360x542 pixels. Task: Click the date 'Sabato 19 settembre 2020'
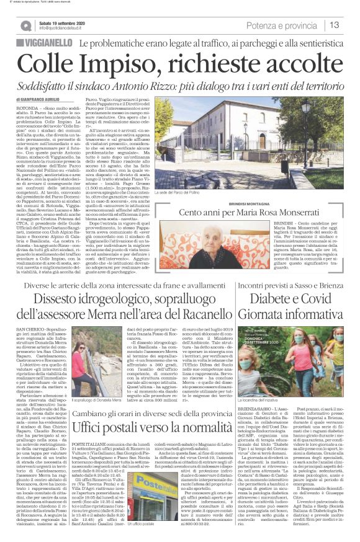(63, 22)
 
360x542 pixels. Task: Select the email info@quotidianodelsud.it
(65, 29)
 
